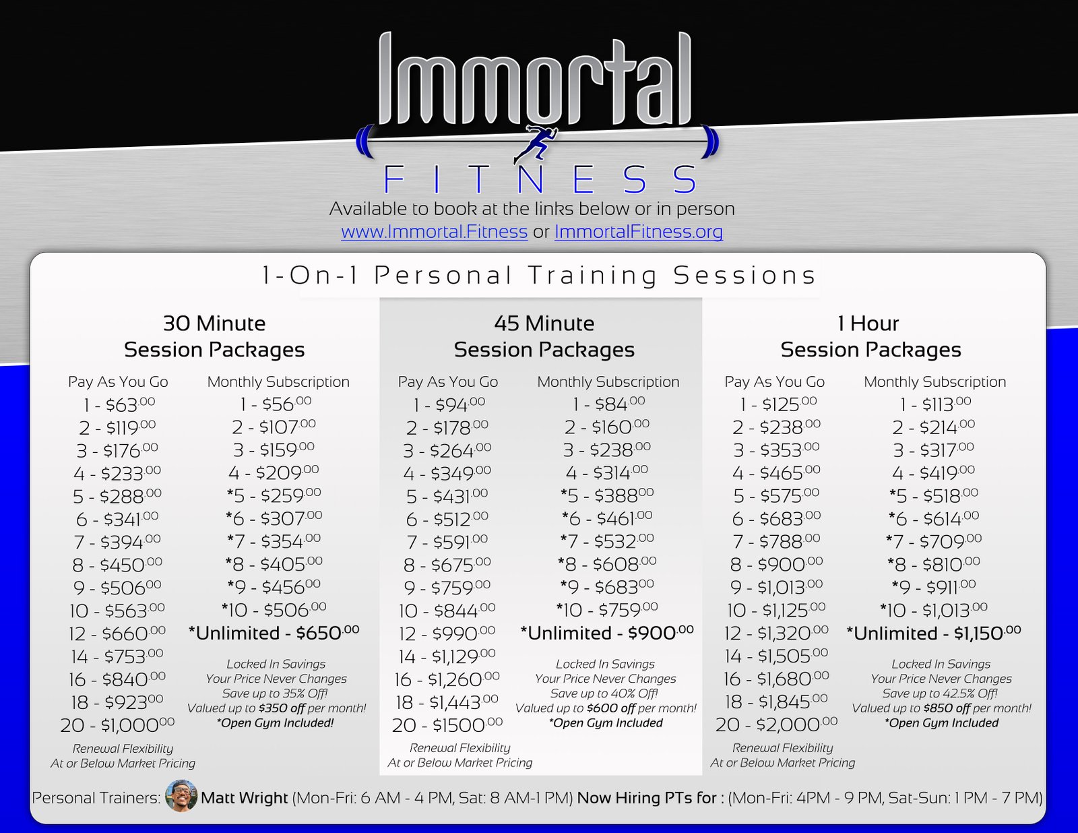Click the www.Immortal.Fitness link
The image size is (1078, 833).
434,232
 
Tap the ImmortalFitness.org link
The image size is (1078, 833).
639,232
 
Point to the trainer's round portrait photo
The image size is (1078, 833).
181,795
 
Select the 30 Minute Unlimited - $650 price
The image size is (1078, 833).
274,633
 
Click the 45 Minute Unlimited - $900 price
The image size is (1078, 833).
607,633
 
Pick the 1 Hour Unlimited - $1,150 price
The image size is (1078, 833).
934,633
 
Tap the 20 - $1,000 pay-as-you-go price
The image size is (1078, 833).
118,725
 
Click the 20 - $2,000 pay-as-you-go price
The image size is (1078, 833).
776,724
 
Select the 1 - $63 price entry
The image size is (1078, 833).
119,405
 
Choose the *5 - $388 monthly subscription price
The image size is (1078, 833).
607,495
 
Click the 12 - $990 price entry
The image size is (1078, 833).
447,633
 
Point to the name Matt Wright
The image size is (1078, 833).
244,798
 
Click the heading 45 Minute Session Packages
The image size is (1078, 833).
544,336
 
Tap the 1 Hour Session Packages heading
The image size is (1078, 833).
870,336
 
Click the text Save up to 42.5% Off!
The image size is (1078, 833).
940,693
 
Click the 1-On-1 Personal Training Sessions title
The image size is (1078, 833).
539,276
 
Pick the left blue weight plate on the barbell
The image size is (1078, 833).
364,142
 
